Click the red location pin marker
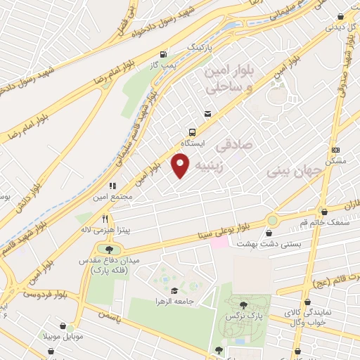click(x=181, y=166)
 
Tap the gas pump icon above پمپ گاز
click(x=164, y=53)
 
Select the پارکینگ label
click(x=199, y=46)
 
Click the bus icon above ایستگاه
click(x=192, y=131)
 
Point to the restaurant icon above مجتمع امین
click(x=111, y=188)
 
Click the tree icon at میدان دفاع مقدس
click(x=108, y=249)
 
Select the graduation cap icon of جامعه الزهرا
click(x=174, y=290)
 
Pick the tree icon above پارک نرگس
click(x=243, y=304)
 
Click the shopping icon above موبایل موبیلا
click(x=68, y=326)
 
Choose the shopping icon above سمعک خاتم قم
click(x=324, y=212)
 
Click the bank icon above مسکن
click(x=335, y=150)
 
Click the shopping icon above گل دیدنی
click(x=340, y=18)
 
